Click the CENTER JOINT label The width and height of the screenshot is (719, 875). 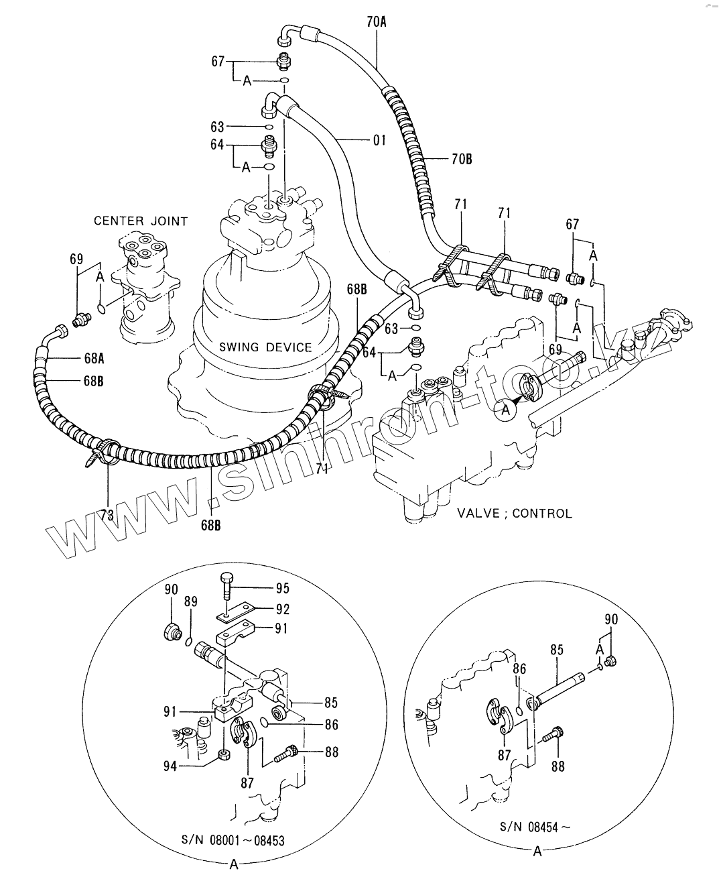[x=141, y=221]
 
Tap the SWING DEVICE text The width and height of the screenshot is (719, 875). [x=265, y=347]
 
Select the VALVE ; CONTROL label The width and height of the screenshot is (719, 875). [x=515, y=514]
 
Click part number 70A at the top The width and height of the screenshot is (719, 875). [x=377, y=21]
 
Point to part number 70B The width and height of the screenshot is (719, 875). [x=462, y=159]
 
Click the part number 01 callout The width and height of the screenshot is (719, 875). [x=379, y=141]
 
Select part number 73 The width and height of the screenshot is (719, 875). [x=107, y=516]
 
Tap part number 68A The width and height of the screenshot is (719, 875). [x=94, y=359]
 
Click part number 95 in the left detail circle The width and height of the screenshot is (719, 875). [x=282, y=588]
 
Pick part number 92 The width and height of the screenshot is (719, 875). [x=282, y=609]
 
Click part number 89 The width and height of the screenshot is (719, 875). [x=191, y=601]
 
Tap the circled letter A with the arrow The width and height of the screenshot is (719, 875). [x=505, y=410]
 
